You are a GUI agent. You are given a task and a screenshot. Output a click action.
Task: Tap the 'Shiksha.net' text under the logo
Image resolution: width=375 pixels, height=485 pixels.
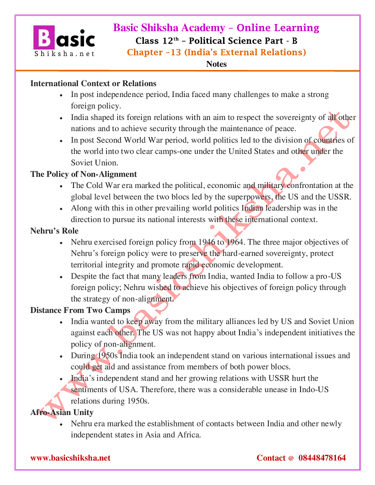(63, 53)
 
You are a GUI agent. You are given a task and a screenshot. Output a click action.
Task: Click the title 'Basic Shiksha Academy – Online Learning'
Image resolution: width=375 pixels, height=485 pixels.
(216, 28)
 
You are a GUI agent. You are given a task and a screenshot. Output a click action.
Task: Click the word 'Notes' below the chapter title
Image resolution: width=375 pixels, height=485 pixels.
(216, 64)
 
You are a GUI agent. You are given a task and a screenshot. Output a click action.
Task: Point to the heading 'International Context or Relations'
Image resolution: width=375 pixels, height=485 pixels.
(93, 83)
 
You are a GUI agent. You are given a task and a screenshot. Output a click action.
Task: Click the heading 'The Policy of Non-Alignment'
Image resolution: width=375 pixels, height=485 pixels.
(83, 174)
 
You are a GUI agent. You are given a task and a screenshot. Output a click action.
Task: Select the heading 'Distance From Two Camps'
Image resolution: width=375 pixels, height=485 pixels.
(80, 310)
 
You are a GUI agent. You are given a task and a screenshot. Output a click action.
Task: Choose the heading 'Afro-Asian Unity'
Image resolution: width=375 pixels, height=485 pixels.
(62, 412)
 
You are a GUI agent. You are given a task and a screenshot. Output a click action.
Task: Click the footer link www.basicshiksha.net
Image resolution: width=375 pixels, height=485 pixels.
(70, 457)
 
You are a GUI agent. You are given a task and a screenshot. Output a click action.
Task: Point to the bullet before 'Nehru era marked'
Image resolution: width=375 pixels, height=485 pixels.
(60, 424)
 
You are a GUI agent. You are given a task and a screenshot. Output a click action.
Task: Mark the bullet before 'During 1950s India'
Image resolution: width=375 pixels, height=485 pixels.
(60, 356)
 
